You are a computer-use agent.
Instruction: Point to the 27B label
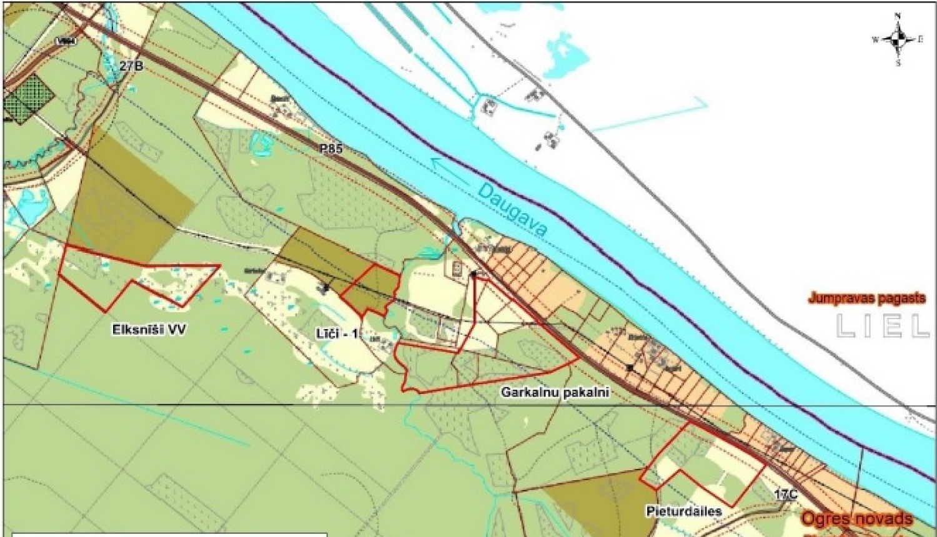(x=132, y=65)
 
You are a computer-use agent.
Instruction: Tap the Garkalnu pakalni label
(x=555, y=393)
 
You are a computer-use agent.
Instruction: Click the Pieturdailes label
(x=683, y=511)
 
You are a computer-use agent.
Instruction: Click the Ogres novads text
(x=857, y=519)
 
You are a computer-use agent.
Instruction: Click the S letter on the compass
(x=898, y=64)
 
